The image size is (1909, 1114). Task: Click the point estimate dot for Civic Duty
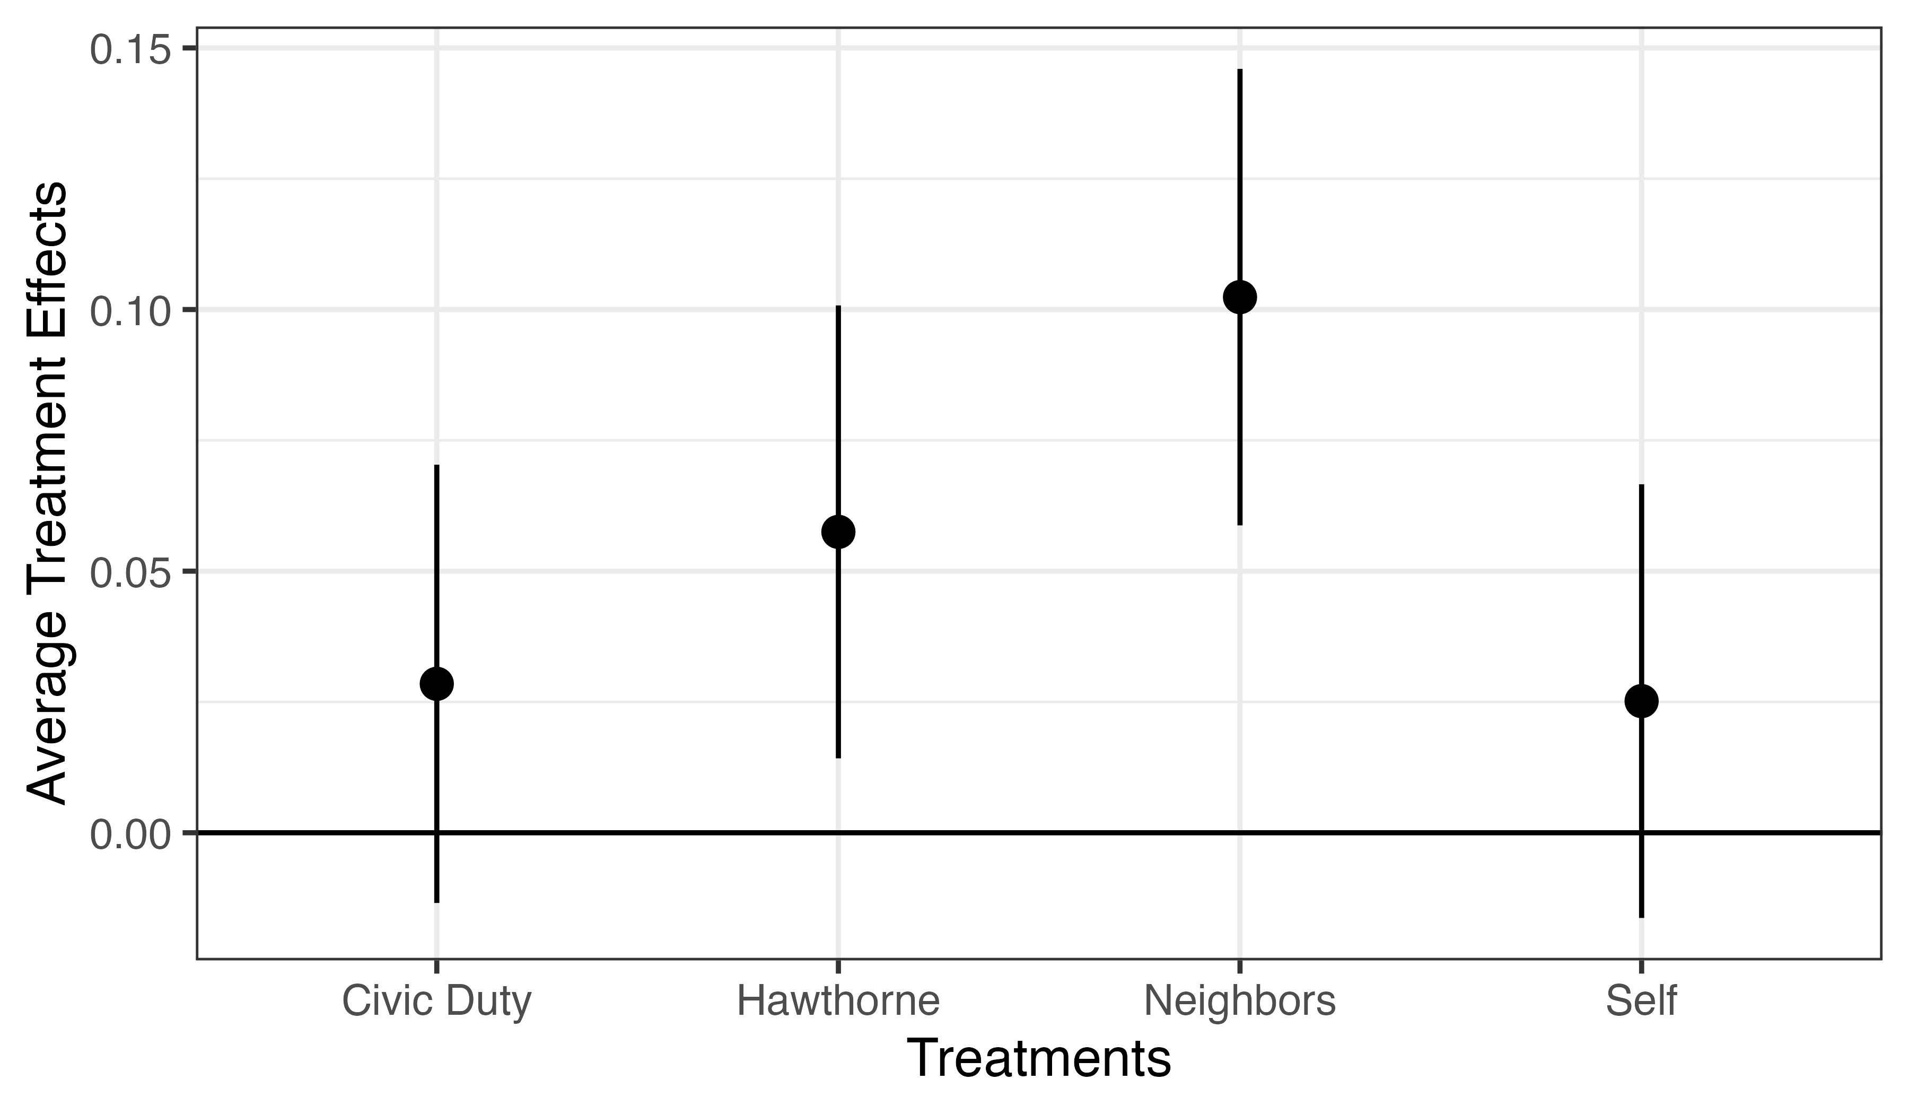tap(437, 684)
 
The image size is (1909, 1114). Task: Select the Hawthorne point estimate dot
tap(838, 532)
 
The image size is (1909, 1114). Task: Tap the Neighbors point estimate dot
tap(1240, 297)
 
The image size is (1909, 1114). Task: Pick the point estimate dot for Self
tap(1642, 701)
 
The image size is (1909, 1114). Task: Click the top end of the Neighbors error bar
tap(1240, 69)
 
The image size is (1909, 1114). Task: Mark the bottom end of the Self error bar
tap(1642, 918)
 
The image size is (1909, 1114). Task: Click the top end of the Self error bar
tap(1642, 485)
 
